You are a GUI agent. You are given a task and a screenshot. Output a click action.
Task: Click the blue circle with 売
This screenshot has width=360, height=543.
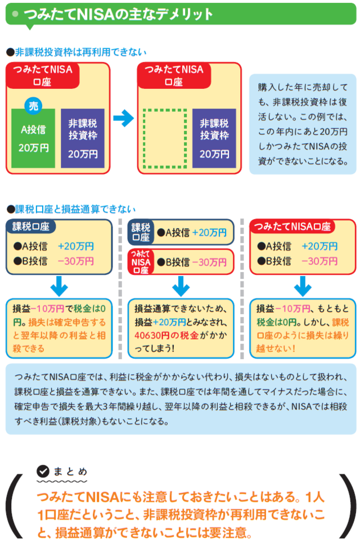coord(33,105)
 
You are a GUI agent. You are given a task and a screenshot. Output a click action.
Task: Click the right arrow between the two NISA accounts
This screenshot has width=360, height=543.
coord(123,118)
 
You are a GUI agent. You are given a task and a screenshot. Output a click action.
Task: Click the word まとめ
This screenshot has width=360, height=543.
coord(70,471)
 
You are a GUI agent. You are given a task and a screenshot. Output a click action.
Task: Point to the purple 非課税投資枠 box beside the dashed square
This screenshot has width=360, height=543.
coord(214,138)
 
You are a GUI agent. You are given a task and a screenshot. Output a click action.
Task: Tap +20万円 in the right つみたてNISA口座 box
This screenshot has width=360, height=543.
coord(319,246)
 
